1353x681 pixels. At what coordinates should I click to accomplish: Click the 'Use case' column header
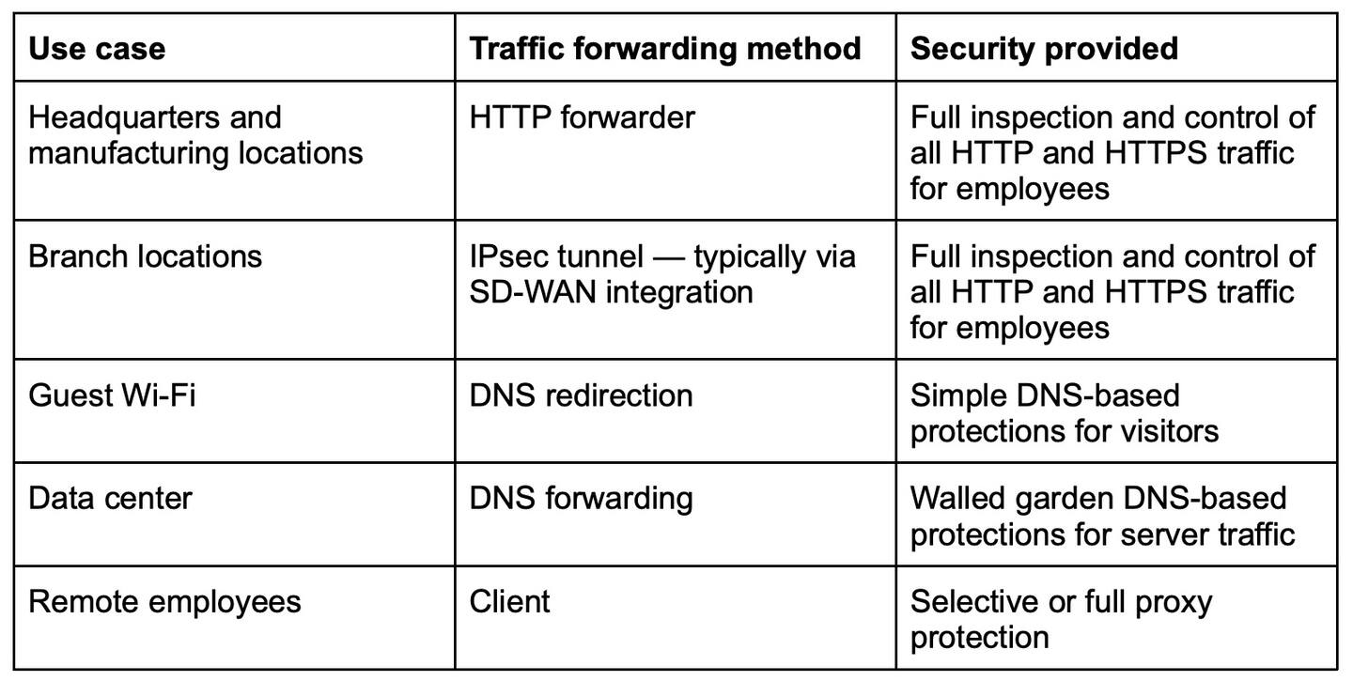(x=97, y=48)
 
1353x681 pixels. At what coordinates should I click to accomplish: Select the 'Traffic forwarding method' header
(x=665, y=49)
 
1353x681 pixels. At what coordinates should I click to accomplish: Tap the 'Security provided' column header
(x=1045, y=49)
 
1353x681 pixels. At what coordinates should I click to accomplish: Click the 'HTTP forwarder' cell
(x=582, y=117)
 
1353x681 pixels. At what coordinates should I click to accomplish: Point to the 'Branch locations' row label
(x=145, y=256)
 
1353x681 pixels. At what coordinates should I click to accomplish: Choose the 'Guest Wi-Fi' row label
(x=112, y=395)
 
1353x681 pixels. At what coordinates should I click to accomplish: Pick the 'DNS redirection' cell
(x=581, y=395)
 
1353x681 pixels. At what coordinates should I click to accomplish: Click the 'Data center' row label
(x=110, y=499)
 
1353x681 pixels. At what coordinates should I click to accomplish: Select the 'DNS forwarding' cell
(x=581, y=500)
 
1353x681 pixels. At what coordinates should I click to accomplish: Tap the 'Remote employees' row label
(x=164, y=602)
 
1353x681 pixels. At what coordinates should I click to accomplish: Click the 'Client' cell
(x=509, y=601)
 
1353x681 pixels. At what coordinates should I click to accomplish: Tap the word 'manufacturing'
(x=128, y=154)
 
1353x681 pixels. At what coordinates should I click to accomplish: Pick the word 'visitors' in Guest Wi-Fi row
(x=1170, y=431)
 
